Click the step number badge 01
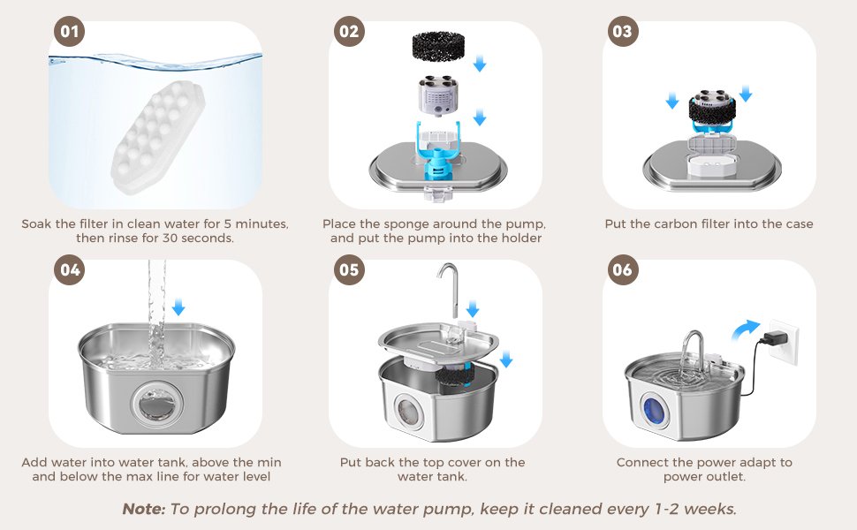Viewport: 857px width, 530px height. (x=70, y=31)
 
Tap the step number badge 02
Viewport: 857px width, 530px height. (x=349, y=31)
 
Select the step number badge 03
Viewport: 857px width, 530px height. (x=623, y=31)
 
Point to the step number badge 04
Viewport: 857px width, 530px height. (x=70, y=270)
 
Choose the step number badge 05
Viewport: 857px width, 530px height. (x=349, y=270)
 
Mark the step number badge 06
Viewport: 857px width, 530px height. (x=623, y=270)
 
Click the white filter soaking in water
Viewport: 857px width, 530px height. (x=157, y=137)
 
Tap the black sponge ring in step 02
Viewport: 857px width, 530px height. (x=438, y=46)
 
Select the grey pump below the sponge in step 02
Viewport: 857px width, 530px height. (x=438, y=95)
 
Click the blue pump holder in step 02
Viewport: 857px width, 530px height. (x=439, y=150)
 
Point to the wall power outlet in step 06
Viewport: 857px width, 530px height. (x=784, y=342)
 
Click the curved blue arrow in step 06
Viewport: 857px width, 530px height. (x=746, y=329)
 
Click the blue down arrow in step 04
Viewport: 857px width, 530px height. (x=178, y=307)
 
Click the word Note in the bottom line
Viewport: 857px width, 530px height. (x=143, y=509)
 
